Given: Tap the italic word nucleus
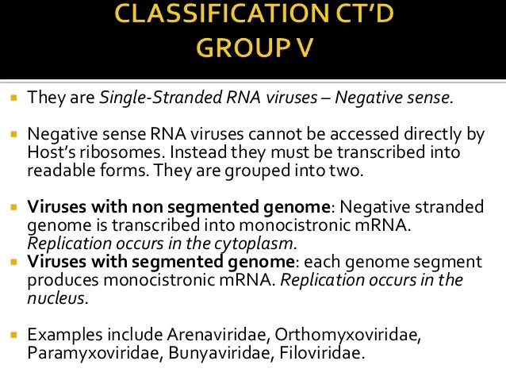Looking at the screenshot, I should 56,299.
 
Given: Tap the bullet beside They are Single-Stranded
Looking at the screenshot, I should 14,99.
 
